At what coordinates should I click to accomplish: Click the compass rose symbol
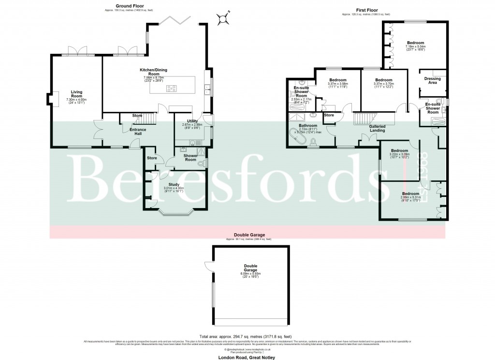click(223, 19)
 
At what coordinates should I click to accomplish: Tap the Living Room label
click(77, 93)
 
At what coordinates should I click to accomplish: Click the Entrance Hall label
click(134, 132)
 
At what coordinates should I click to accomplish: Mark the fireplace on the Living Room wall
click(51, 98)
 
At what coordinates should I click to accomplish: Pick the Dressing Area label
click(431, 80)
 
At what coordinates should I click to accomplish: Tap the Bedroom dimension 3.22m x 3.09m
click(399, 157)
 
